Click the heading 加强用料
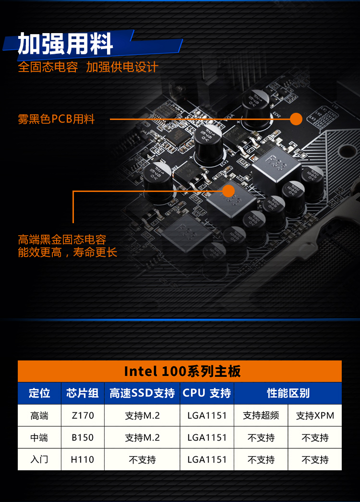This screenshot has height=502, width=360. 65,44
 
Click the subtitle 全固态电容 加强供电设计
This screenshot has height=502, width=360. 88,67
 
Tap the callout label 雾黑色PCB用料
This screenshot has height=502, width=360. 56,119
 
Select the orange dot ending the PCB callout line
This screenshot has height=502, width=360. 296,119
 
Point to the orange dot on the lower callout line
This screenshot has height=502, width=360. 228,191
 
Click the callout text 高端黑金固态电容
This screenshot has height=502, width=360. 62,239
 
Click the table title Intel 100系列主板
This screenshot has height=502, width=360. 182,371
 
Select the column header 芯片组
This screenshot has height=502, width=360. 82,393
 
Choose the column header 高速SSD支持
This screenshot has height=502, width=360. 142,393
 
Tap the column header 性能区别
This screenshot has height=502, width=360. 288,393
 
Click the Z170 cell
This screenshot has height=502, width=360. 83,415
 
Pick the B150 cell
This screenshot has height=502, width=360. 83,437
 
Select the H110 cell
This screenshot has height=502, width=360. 82,459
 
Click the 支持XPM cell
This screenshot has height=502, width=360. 315,415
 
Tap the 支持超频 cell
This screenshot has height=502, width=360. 261,415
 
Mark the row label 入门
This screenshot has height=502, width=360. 39,459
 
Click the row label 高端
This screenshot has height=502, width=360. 39,415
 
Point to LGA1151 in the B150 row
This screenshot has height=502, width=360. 207,437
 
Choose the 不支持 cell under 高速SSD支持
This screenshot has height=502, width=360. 142,460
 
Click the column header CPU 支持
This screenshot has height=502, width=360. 206,393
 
